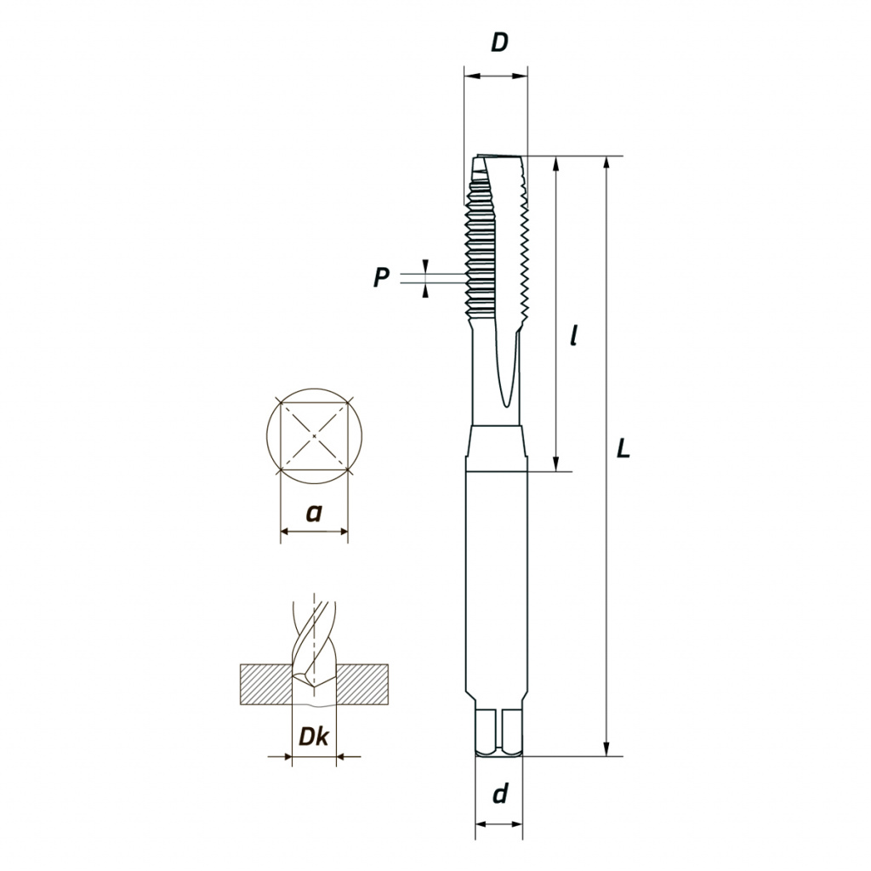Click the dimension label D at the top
coord(499,43)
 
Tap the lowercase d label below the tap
coord(500,794)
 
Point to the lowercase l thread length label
coord(574,335)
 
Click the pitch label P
coord(381,276)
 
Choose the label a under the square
coord(315,513)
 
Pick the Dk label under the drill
coord(314,736)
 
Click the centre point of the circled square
coord(315,436)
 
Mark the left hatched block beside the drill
coord(266,685)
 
